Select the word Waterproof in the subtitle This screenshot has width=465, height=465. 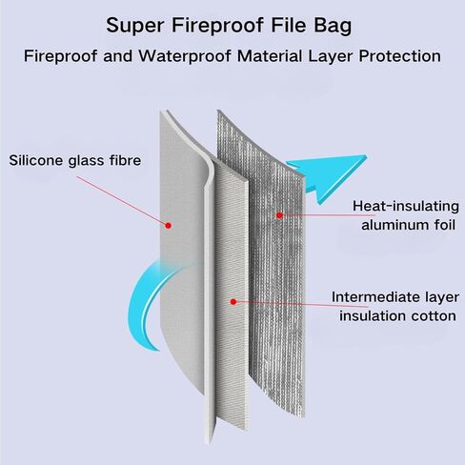coord(185,56)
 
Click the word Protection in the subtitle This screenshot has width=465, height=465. coord(400,56)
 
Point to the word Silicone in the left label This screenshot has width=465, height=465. coord(36,160)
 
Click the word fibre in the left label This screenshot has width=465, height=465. coord(126,160)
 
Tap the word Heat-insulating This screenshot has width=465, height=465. coord(406,206)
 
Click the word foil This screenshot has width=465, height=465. coord(445,225)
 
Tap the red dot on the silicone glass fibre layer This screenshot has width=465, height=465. coord(169,226)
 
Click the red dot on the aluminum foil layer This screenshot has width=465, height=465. coord(279,215)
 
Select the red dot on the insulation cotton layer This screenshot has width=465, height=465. coord(233,301)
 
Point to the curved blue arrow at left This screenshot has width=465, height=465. coord(141,305)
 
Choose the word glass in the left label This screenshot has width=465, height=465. coord(86,161)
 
